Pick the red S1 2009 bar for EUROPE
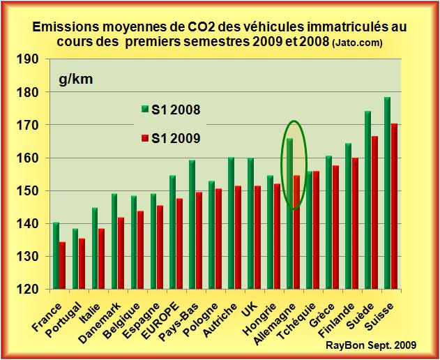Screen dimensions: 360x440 [x=179, y=243]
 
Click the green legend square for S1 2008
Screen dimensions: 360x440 [x=144, y=110]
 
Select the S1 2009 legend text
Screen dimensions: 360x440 [x=176, y=138]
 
